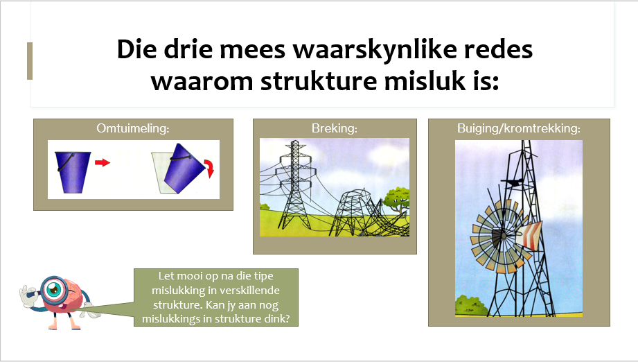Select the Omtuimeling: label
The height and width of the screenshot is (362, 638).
point(132,128)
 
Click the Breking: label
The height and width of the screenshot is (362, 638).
point(335,128)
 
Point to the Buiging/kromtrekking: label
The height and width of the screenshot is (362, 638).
point(519,128)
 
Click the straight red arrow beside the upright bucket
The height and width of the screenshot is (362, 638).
point(103,163)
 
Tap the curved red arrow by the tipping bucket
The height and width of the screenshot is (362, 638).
point(209,168)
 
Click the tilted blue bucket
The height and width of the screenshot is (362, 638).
point(184,168)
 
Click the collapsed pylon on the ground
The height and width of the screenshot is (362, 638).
point(366,214)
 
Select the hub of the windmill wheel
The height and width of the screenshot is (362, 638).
point(503,236)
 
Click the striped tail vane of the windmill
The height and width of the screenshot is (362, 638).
point(529,236)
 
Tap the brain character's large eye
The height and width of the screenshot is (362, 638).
point(53,288)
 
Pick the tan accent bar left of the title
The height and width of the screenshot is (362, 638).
point(30,60)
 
